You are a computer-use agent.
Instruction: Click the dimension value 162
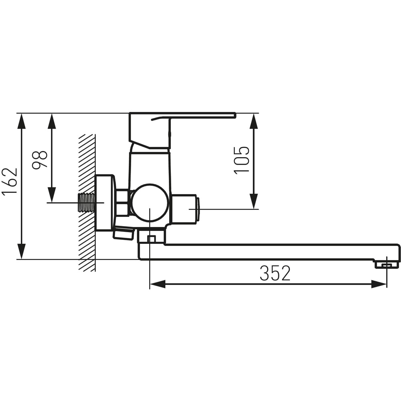(10, 181)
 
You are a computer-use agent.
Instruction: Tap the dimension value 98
(40, 160)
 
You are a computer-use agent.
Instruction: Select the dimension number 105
(241, 160)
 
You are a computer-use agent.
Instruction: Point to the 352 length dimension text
(275, 273)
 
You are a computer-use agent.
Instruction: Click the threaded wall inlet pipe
(86, 203)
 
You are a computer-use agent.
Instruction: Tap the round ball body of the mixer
(150, 203)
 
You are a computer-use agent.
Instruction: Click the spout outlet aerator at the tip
(387, 265)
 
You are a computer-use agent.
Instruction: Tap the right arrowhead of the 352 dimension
(379, 284)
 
